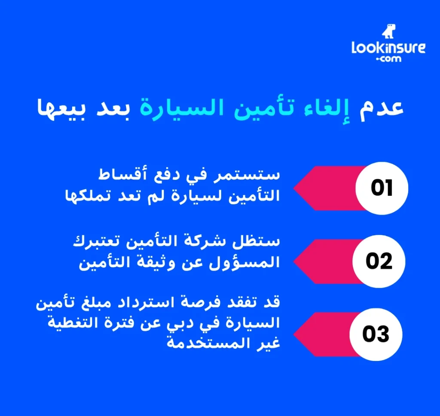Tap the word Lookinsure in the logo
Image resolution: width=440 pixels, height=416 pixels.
tap(388, 47)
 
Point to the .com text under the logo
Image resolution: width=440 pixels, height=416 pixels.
tap(388, 59)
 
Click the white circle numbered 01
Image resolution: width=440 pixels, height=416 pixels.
tap(382, 188)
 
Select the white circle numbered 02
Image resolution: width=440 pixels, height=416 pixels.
tap(379, 261)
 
